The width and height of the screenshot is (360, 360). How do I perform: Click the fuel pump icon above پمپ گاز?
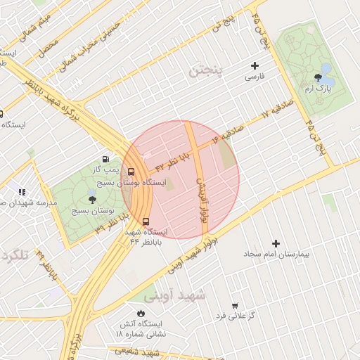(x=106, y=159)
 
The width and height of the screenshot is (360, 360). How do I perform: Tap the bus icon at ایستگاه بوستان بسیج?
(x=131, y=172)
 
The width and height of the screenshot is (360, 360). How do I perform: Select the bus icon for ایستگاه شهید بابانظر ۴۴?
(x=146, y=221)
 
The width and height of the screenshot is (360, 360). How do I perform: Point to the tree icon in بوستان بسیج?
(x=93, y=200)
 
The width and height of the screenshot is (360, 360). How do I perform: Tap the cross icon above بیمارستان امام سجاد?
(x=276, y=243)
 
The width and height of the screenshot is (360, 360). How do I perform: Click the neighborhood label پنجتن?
(x=205, y=71)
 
